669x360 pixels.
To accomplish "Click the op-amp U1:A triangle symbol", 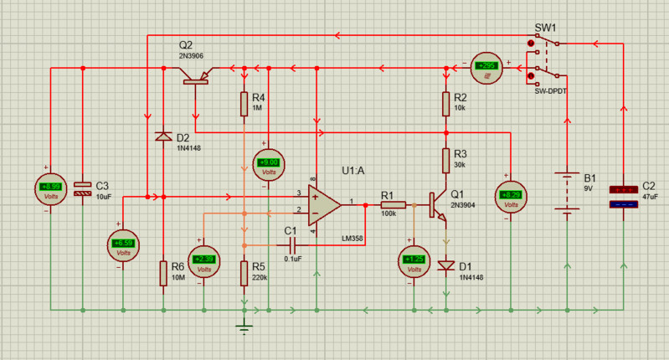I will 323,203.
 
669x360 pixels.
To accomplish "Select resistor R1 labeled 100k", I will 393,204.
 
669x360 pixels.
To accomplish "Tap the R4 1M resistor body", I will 244,104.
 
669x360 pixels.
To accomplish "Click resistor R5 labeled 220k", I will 244,272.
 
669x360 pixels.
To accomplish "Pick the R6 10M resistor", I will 163,273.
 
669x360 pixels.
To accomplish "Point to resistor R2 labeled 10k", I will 447,104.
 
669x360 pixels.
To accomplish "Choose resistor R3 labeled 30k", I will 447,159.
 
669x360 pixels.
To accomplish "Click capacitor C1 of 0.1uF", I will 294,244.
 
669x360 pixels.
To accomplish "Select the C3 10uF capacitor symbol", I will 82,189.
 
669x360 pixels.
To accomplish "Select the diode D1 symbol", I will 447,266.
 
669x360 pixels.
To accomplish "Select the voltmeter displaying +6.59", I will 123,244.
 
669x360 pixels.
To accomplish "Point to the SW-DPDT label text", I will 551,90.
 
